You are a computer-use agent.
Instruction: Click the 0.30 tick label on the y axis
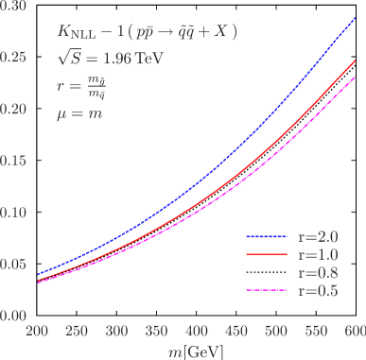13,7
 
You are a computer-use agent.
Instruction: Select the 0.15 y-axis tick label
13,161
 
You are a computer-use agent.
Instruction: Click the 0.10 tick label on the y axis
13,213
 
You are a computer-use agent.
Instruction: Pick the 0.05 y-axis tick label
13,264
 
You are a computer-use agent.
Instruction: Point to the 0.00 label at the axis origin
13,315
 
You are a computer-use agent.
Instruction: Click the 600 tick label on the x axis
354,333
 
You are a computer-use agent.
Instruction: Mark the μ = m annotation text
78,113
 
